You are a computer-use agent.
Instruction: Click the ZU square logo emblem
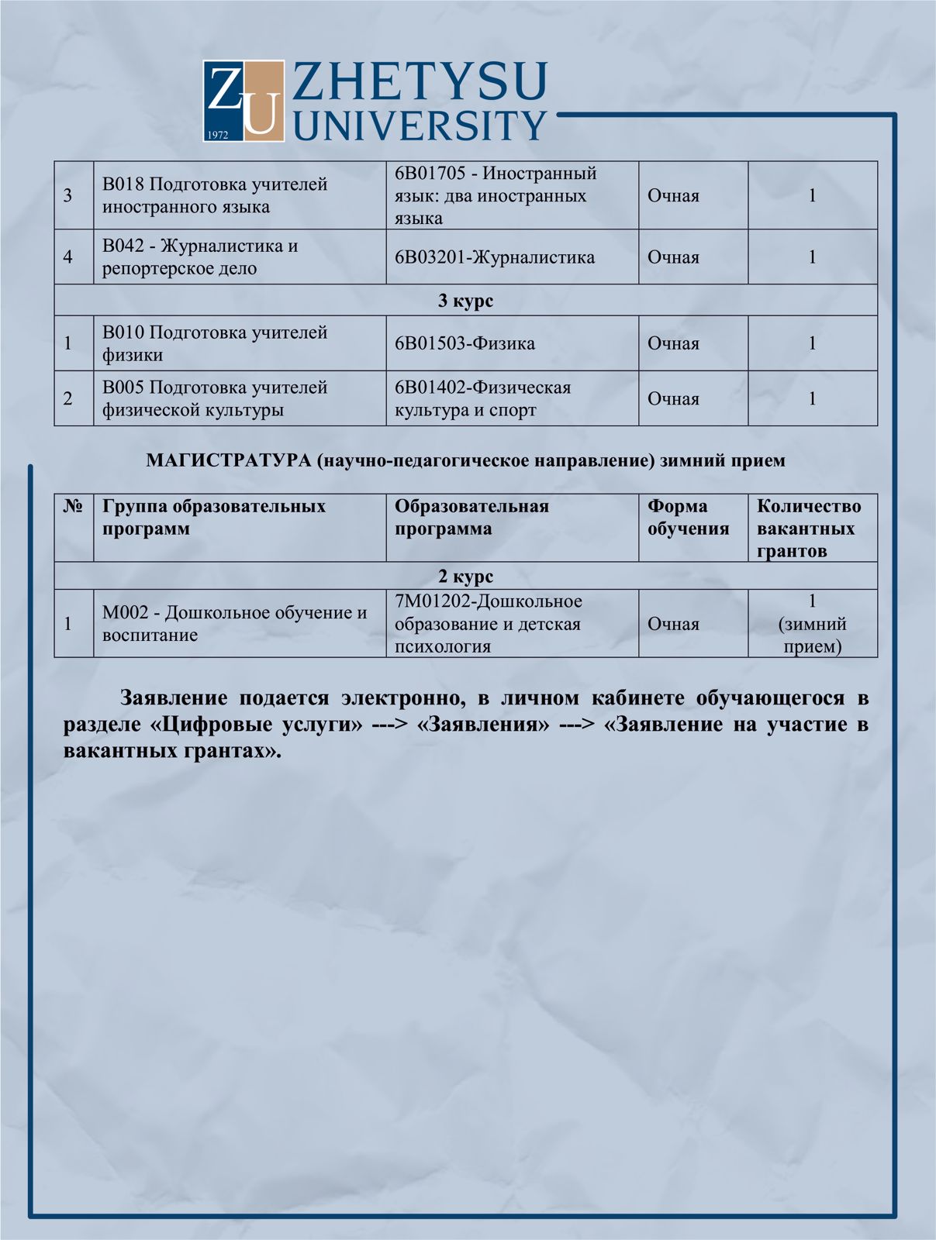click(243, 102)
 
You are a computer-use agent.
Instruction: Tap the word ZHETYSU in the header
click(420, 82)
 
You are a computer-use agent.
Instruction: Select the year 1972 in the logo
click(219, 135)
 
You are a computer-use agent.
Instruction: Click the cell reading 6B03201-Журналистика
click(495, 257)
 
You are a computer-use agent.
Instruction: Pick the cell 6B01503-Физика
click(465, 343)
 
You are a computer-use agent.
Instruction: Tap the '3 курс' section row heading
click(465, 301)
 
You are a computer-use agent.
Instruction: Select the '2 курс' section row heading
click(465, 577)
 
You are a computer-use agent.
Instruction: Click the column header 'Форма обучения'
click(689, 518)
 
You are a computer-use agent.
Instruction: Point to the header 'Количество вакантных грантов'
click(809, 529)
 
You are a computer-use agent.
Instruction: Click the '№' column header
click(74, 507)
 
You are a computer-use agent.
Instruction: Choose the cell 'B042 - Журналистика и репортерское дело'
click(200, 257)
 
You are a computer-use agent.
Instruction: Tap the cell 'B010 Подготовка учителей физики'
click(215, 343)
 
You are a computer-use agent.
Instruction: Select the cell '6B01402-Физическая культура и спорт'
click(482, 398)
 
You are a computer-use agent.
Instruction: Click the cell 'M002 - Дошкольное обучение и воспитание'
click(234, 624)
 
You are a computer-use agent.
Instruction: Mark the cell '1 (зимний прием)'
click(812, 624)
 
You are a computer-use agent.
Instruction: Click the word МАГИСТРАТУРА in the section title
click(228, 461)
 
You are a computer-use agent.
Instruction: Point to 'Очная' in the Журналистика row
click(673, 257)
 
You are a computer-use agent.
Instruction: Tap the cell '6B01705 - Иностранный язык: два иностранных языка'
click(496, 195)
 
